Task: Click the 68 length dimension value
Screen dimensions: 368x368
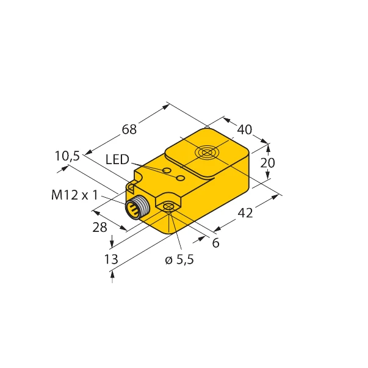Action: pyautogui.click(x=129, y=129)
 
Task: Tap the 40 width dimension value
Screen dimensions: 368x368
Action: pyautogui.click(x=244, y=129)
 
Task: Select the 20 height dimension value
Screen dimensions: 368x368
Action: pyautogui.click(x=268, y=162)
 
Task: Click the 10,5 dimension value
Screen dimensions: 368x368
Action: pyautogui.click(x=67, y=156)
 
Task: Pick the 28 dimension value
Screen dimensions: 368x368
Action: pyautogui.click(x=99, y=227)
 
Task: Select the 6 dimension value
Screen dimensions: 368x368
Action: pyautogui.click(x=215, y=242)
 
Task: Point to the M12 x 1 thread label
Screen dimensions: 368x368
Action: pyautogui.click(x=74, y=195)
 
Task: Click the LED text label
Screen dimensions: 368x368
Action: pyautogui.click(x=117, y=160)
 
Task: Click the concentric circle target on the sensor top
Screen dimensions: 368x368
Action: pyautogui.click(x=207, y=153)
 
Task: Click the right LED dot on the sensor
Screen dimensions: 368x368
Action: pyautogui.click(x=180, y=178)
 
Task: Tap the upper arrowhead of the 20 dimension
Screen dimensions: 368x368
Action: pyautogui.click(x=268, y=146)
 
